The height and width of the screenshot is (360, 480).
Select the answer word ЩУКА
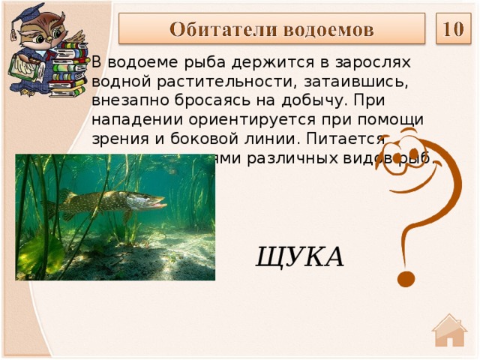click(x=300, y=256)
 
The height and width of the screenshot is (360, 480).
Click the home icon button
click(x=449, y=331)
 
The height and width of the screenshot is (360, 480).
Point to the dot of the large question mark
click(x=406, y=280)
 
